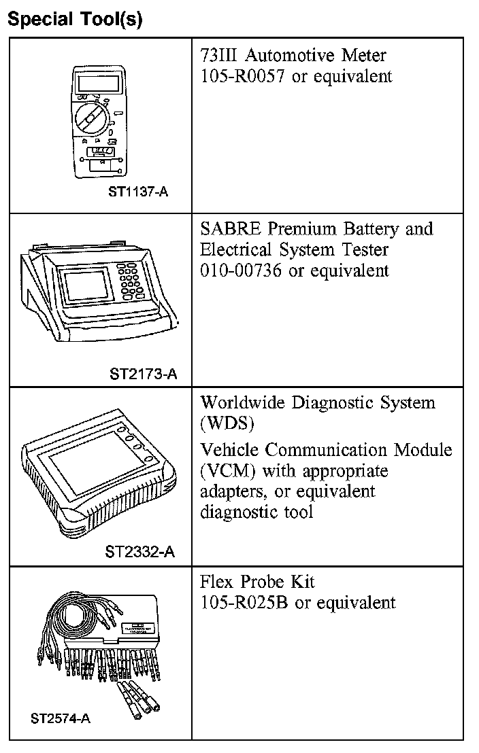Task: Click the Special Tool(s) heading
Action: tap(74, 19)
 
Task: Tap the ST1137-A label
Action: tap(138, 192)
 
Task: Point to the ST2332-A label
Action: tap(139, 551)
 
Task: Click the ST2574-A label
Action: tap(61, 718)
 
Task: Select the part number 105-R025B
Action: tap(245, 603)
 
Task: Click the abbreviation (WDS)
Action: tap(227, 423)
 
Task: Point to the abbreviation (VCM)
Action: tap(228, 470)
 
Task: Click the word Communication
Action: tap(337, 449)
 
